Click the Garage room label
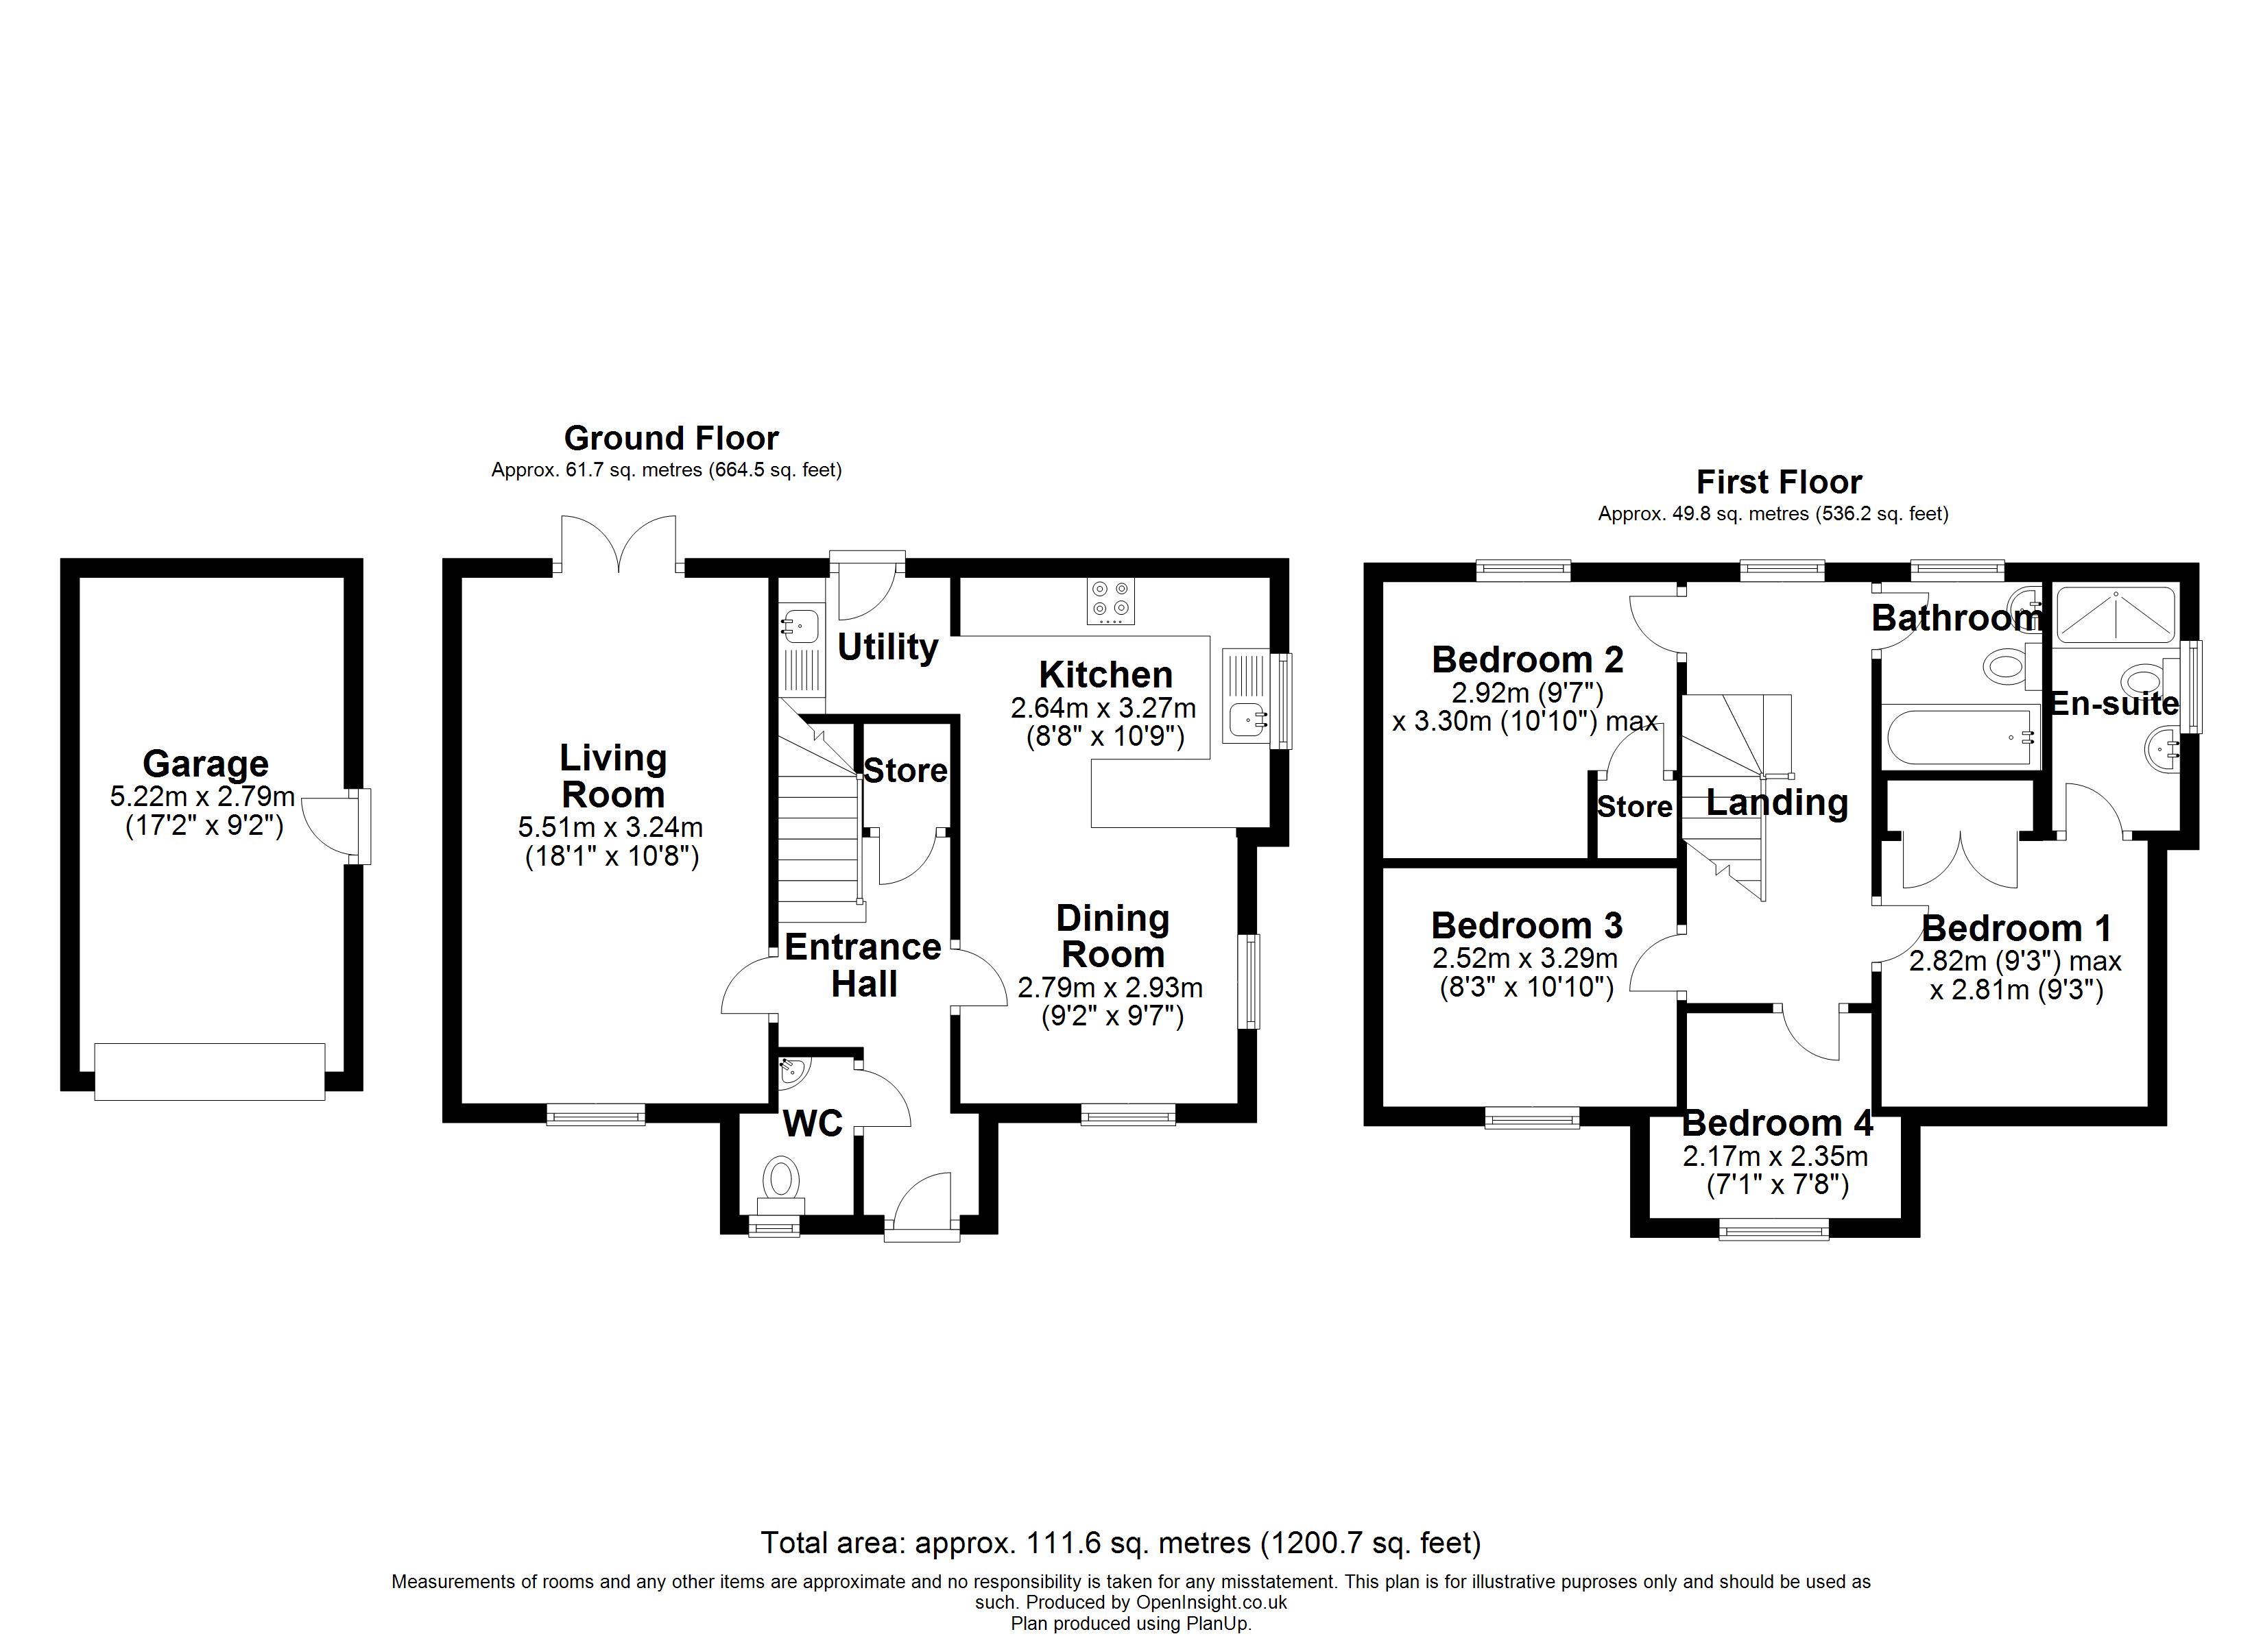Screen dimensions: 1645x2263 click(x=206, y=764)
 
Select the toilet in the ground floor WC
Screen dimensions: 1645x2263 click(x=782, y=1179)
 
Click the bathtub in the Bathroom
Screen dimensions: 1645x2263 click(x=1961, y=738)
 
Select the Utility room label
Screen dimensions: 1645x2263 click(x=887, y=648)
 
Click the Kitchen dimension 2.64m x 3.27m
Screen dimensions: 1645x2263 click(x=1103, y=708)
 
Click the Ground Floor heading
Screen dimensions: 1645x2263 click(x=671, y=438)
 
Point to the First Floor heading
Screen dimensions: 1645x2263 click(x=1778, y=483)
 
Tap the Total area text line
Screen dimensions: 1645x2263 click(x=1121, y=1544)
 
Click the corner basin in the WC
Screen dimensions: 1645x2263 click(x=793, y=1071)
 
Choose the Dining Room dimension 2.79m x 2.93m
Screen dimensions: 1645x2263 click(x=1110, y=988)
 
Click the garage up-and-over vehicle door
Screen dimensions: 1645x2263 click(x=210, y=1071)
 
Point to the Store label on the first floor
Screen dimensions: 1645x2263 click(x=1633, y=807)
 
